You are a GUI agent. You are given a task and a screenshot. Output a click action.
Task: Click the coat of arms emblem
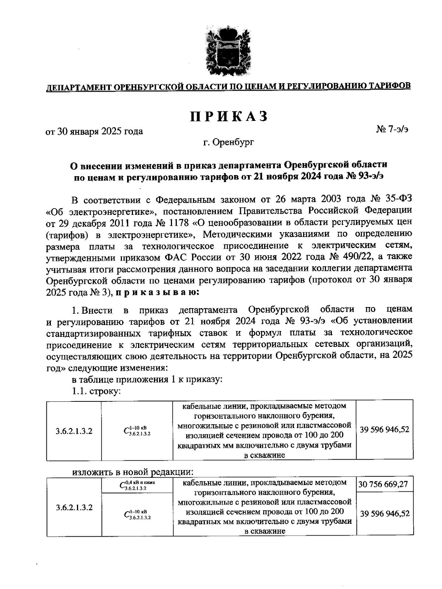pos(225,50)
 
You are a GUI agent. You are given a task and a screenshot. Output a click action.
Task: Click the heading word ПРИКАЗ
pos(228,116)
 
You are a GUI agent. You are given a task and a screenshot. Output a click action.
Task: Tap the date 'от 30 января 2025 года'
pos(94,131)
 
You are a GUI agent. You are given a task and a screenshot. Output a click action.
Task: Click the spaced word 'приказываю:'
pos(158,292)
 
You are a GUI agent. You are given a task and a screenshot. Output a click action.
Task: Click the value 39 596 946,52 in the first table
pos(384,430)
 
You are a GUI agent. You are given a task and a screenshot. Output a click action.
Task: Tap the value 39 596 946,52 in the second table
pos(384,513)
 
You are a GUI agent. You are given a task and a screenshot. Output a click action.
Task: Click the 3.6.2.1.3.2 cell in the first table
pos(74,431)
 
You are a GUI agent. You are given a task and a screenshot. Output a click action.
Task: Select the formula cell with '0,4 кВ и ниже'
pos(137,485)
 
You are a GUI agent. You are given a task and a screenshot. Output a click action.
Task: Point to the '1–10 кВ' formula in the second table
pos(137,514)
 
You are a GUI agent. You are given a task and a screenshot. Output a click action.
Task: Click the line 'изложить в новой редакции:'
pos(133,471)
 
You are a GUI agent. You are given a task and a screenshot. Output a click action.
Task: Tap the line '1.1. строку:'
pos(97,392)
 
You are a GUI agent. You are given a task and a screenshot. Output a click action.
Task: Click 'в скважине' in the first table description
pos(264,455)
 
